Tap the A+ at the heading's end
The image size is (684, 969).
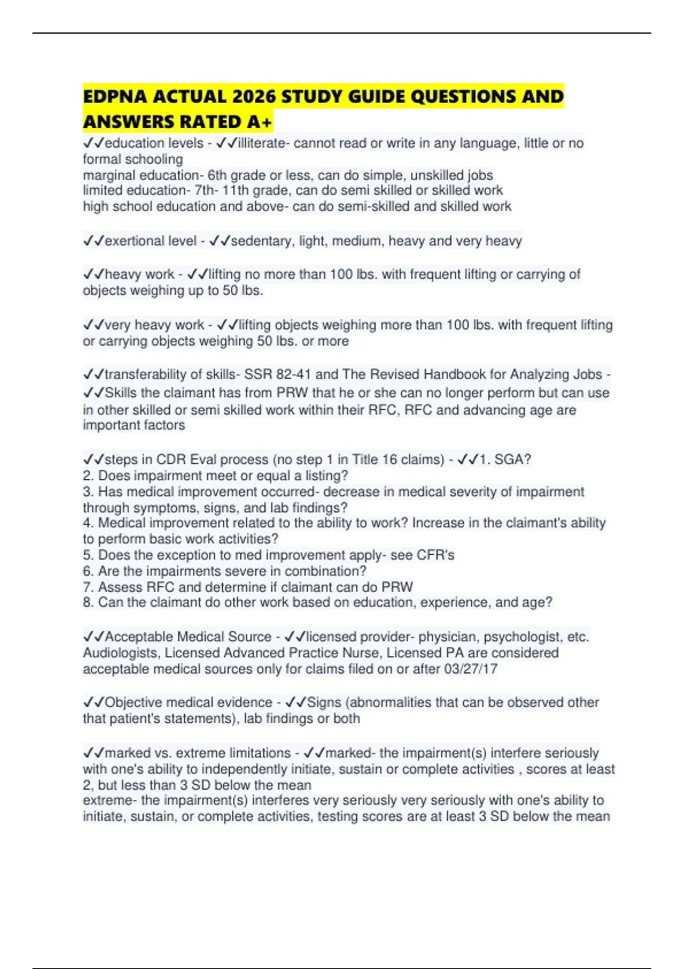(260, 122)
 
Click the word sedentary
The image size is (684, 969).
(260, 241)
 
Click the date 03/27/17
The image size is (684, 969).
(471, 669)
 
